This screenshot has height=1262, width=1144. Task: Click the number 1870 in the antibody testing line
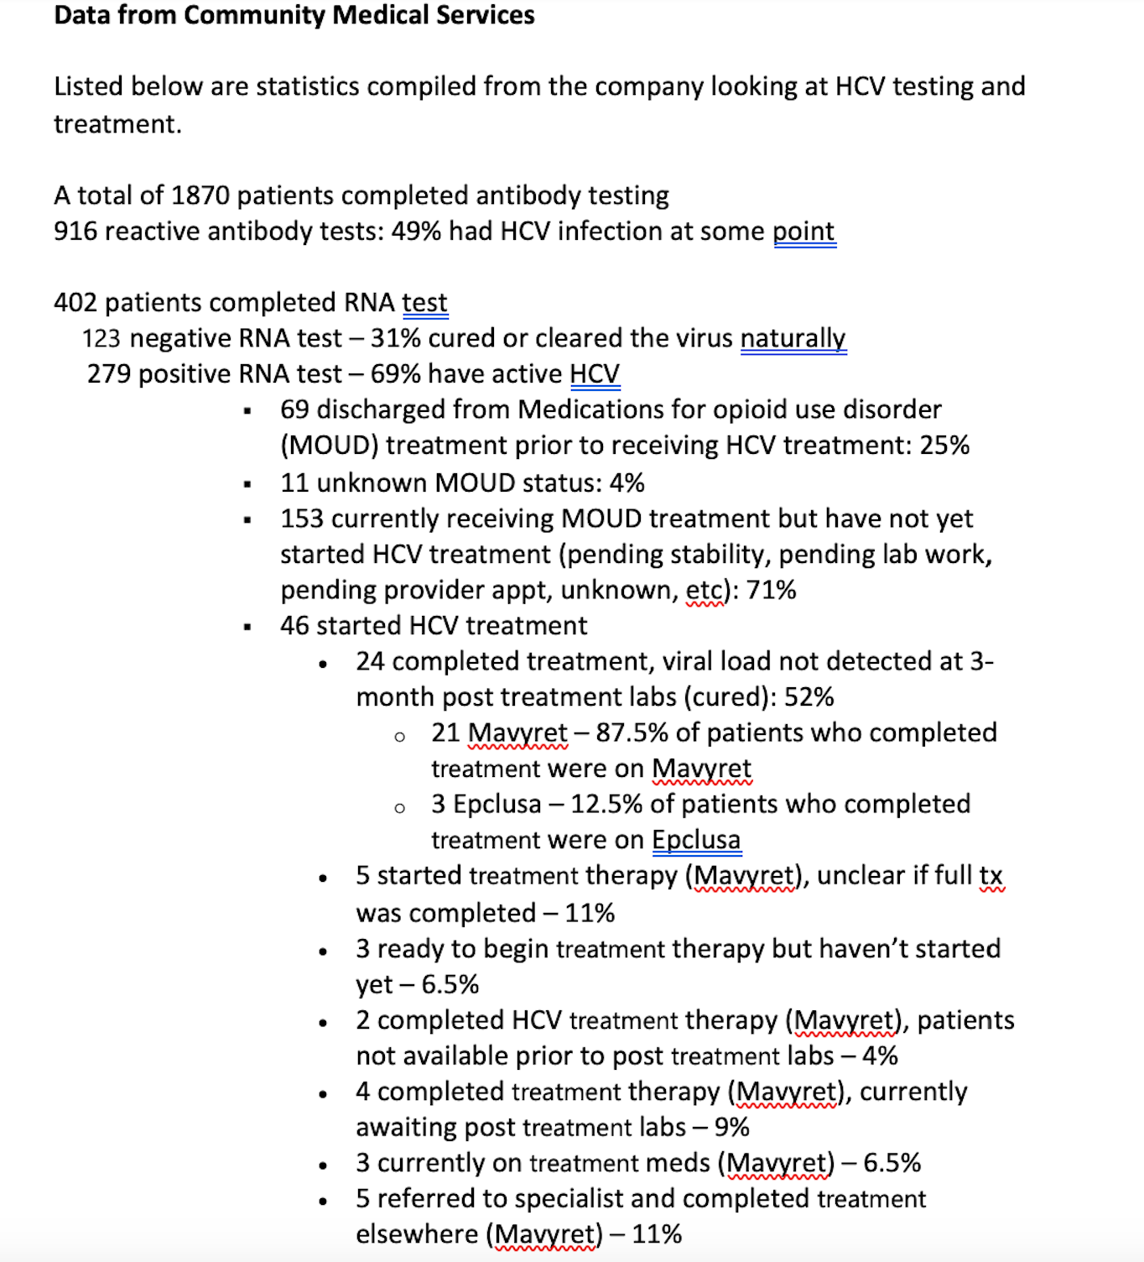200,196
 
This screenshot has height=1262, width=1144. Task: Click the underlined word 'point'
803,232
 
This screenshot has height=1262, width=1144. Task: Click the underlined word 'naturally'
793,338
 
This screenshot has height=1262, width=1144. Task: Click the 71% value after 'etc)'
771,591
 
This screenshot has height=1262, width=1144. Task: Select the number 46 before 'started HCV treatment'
294,626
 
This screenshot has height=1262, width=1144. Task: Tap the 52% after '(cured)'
809,697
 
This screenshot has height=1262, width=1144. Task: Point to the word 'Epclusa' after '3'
497,805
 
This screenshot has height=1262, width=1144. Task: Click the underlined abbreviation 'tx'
991,876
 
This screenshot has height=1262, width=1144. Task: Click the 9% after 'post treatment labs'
731,1128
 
